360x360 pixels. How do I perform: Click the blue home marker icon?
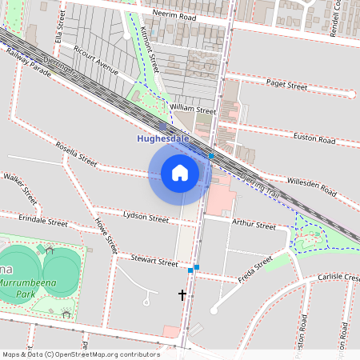(x=180, y=173)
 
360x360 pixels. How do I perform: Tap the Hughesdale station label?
(x=162, y=138)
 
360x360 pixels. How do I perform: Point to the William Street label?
(x=194, y=110)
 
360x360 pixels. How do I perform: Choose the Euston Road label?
(x=314, y=139)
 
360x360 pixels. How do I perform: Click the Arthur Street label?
(x=254, y=223)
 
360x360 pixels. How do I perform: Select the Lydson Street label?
(x=146, y=217)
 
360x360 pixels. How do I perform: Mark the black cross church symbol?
(x=182, y=295)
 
